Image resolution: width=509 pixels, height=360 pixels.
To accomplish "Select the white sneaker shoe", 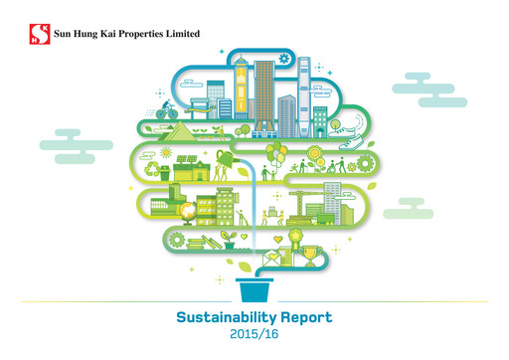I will click(x=342, y=124).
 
